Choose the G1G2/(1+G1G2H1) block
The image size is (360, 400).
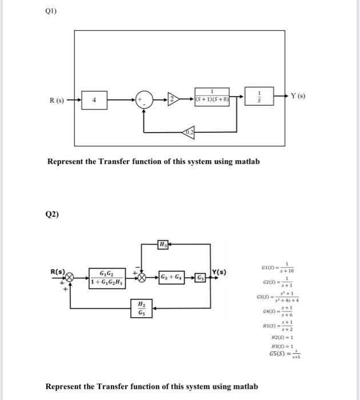point(109,278)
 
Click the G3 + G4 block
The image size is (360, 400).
point(171,278)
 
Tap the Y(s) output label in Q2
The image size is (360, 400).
point(221,271)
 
